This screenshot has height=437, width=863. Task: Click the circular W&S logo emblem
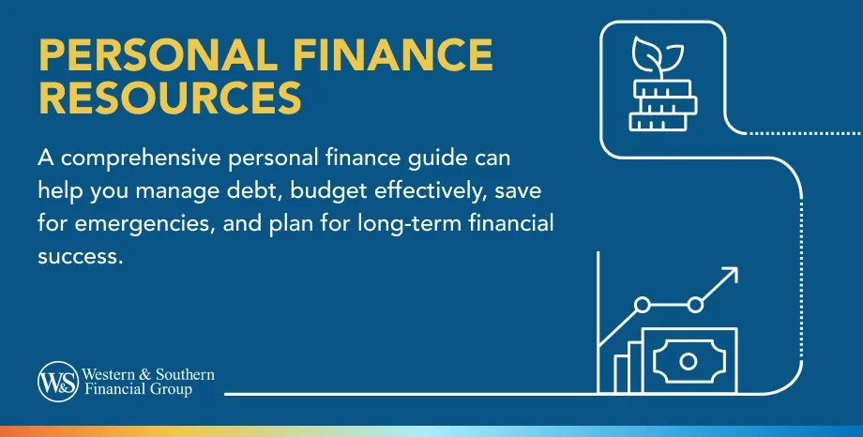coord(55,381)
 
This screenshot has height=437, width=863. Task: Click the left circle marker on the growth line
coord(643,305)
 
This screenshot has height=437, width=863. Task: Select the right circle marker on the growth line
coord(696,304)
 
